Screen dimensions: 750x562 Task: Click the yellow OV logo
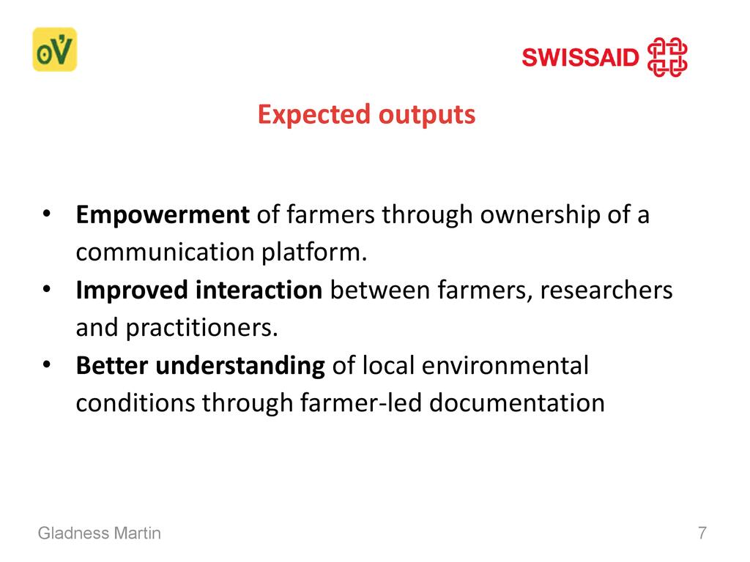point(54,49)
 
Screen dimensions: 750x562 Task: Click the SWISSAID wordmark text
point(580,57)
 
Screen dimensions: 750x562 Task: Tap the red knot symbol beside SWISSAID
point(667,57)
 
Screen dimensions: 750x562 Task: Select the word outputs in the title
point(427,116)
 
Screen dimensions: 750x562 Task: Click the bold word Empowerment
point(163,215)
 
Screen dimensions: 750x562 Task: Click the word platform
point(313,252)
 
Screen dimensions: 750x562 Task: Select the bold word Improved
point(132,291)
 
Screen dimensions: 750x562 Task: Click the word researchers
point(606,290)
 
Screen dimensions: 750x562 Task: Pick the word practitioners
point(201,328)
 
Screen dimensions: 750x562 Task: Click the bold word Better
point(112,366)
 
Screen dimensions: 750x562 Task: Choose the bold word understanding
point(240,366)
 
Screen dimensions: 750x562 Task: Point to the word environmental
point(505,366)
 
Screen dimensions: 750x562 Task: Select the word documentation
point(517,403)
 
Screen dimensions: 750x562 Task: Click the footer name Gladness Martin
point(100,533)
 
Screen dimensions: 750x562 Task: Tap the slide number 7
point(702,533)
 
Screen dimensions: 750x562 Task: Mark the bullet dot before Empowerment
point(46,214)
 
